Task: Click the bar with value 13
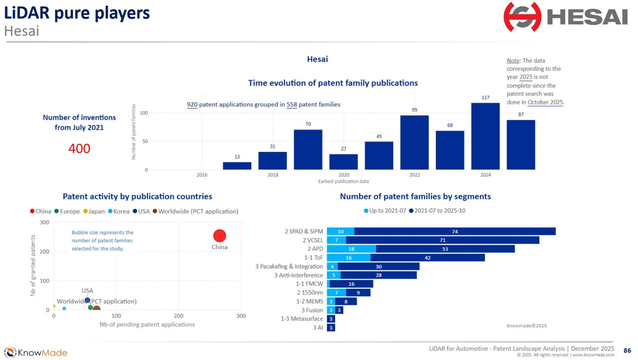[x=237, y=166]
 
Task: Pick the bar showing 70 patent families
[x=308, y=150]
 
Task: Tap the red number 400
[x=79, y=148]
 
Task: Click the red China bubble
[x=219, y=235]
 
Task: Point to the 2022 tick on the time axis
[x=415, y=175]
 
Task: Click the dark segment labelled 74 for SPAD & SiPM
[x=455, y=231]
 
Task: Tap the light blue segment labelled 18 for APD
[x=351, y=249]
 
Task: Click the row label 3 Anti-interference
[x=298, y=275]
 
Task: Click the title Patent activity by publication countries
[x=137, y=196]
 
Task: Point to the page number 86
[x=628, y=351]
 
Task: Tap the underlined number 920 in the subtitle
[x=192, y=105]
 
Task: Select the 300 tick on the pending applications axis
[x=241, y=316]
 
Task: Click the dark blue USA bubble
[x=87, y=300]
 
